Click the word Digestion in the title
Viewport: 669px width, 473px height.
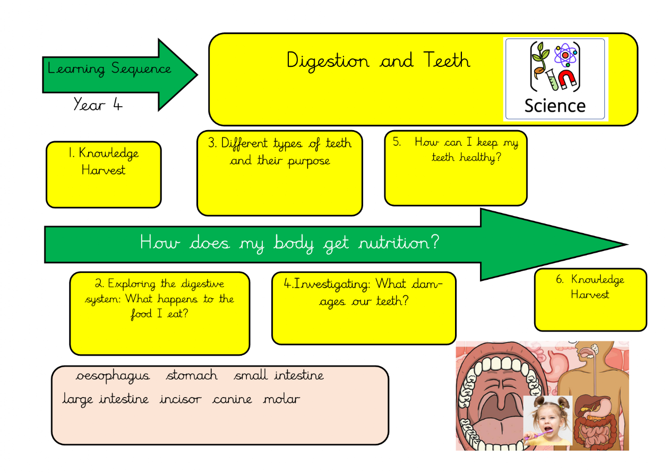tap(328, 61)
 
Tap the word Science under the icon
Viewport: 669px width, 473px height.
tap(555, 105)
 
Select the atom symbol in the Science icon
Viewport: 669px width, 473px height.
tap(565, 54)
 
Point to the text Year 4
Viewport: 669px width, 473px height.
tap(98, 105)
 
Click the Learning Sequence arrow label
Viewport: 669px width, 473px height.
tap(109, 69)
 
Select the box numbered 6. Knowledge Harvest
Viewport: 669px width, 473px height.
tap(590, 299)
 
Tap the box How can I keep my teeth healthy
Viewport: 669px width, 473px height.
tap(456, 168)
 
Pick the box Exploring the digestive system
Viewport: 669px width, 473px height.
tap(159, 313)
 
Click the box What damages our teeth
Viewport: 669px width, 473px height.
tap(364, 308)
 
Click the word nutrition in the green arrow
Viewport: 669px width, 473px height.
tap(399, 244)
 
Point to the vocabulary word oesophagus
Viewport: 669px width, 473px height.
tap(113, 376)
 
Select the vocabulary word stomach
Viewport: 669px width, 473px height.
tap(192, 376)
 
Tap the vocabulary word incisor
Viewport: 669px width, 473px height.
tap(181, 399)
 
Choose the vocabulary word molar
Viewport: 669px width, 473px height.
tap(281, 399)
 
